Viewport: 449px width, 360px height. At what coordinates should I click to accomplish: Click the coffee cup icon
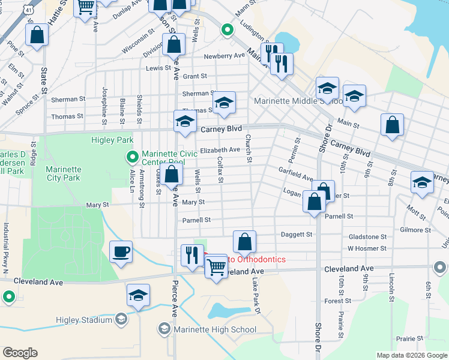point(121,251)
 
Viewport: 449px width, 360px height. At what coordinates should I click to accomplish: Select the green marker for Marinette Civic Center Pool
point(133,157)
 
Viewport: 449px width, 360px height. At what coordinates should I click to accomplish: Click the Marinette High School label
point(214,329)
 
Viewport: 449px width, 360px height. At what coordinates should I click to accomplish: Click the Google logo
point(20,352)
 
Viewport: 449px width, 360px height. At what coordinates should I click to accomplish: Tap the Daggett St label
point(297,235)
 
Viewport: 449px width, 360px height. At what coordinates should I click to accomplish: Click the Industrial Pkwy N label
point(5,245)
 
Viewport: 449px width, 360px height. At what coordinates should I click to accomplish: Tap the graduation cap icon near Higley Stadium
point(138,296)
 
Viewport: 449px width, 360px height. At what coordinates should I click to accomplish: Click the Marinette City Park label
point(63,173)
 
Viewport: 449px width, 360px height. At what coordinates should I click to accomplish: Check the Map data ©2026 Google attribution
point(411,355)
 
